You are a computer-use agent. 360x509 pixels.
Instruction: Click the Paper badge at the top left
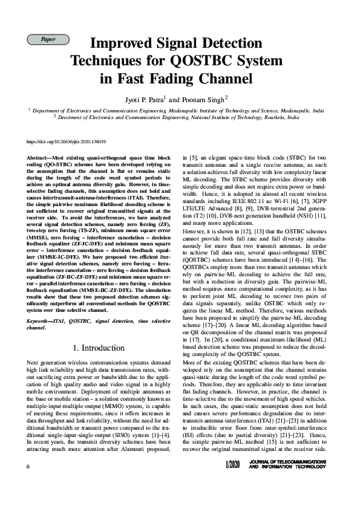[48, 39]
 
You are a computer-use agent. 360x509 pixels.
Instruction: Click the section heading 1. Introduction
[99, 348]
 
